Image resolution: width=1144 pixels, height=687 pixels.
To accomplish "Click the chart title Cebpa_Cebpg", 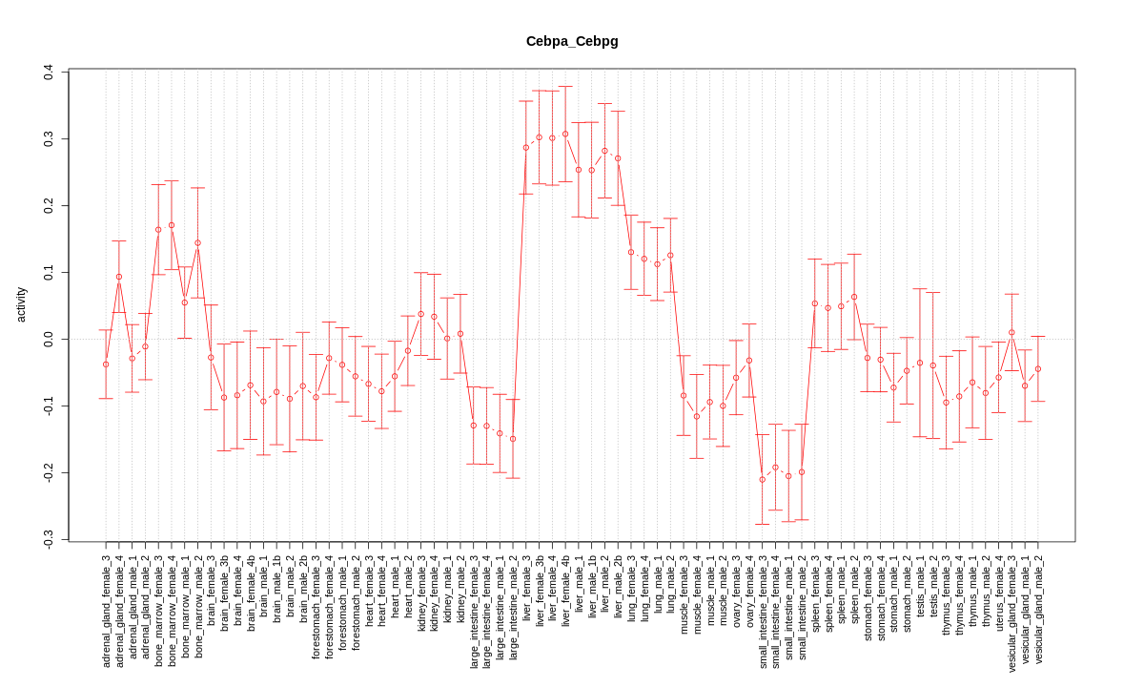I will click(x=572, y=41).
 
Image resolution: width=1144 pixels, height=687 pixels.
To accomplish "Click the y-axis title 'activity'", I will click(x=21, y=304).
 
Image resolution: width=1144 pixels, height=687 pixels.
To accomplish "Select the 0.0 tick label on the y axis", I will click(x=48, y=339).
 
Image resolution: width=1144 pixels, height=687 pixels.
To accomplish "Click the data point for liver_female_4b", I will click(x=565, y=134).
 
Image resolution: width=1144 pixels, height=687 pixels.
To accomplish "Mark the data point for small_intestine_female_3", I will click(x=763, y=479).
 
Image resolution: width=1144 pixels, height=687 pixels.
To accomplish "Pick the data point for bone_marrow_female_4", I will click(x=172, y=225).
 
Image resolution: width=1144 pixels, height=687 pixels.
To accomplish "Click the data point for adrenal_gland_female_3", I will click(x=106, y=364).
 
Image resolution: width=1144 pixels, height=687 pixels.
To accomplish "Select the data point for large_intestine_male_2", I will click(x=513, y=439).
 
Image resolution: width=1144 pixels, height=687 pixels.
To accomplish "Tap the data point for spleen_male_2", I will click(x=854, y=297).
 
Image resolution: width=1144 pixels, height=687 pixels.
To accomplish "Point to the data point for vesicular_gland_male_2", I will click(x=1038, y=368).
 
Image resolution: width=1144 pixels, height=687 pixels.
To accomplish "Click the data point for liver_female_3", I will click(x=526, y=147).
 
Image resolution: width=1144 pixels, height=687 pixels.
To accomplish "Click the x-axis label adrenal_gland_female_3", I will click(x=106, y=610).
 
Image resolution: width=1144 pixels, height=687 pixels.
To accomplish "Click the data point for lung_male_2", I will click(x=670, y=255).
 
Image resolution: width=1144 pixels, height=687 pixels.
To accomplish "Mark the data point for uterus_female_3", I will click(x=998, y=377).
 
